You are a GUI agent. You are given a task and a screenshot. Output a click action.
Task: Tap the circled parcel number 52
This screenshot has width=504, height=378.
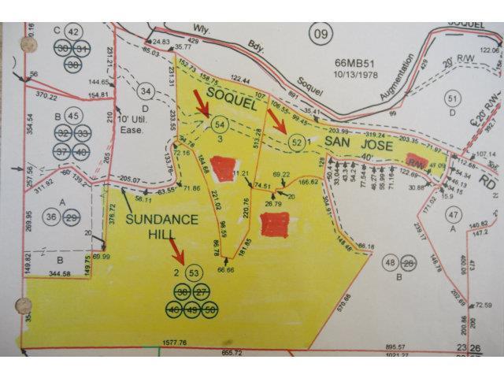[296, 143]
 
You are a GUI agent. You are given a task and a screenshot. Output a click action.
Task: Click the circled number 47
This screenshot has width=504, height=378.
[452, 214]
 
